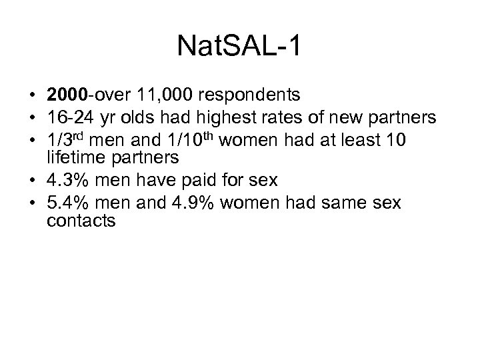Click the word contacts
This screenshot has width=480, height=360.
[x=81, y=221]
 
